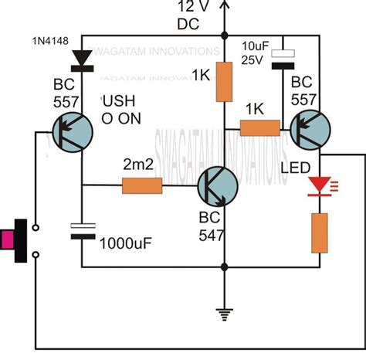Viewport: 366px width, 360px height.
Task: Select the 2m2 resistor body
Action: [x=141, y=185]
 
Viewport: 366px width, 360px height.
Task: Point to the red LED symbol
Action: [x=318, y=186]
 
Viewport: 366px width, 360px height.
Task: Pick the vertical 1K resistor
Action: [x=225, y=81]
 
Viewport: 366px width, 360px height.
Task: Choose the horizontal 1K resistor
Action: [x=260, y=129]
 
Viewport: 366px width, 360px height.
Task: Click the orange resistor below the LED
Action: [x=318, y=233]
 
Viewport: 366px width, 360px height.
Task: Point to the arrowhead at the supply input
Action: [x=225, y=5]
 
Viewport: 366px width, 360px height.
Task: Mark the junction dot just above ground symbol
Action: [x=225, y=267]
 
